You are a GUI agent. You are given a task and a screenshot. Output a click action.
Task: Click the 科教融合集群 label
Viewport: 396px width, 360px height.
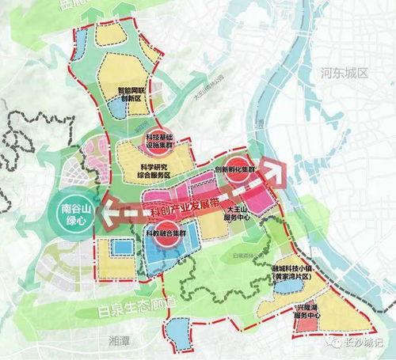(x=165, y=234)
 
